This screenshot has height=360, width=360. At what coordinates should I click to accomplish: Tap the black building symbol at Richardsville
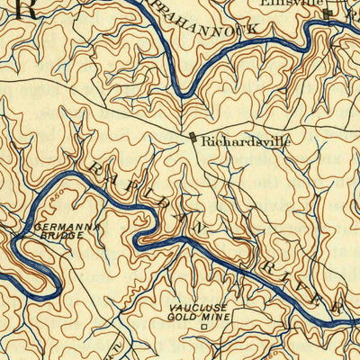[192, 138]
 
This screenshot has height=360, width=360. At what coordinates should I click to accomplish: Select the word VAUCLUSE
[198, 308]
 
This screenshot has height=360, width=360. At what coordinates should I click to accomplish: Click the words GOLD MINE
[198, 317]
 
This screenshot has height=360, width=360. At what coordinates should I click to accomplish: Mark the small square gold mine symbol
[203, 328]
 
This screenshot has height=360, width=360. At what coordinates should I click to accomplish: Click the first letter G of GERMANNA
[37, 226]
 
